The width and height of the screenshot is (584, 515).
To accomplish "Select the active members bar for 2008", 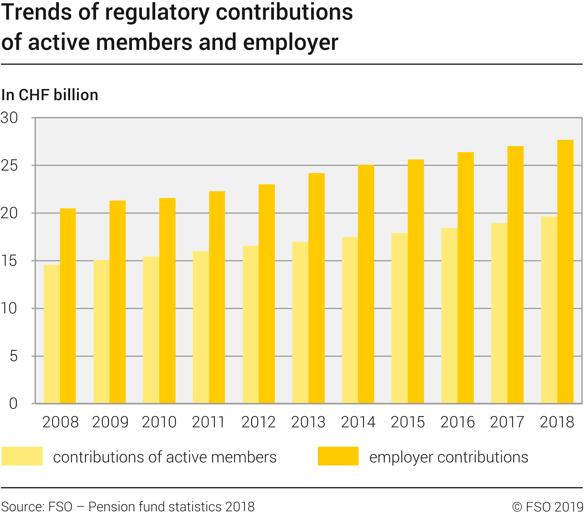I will (x=52, y=334).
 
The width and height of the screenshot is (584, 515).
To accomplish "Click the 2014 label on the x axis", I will (x=358, y=422).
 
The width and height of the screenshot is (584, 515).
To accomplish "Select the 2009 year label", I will (x=110, y=422).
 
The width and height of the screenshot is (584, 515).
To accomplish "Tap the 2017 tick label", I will (x=507, y=422).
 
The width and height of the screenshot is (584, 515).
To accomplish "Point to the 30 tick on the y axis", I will (x=9, y=118).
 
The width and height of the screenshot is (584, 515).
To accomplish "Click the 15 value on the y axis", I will (x=9, y=261).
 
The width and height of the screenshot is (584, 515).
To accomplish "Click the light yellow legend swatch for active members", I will (x=22, y=456).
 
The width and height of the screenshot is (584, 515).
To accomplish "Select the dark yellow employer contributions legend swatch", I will (x=338, y=456).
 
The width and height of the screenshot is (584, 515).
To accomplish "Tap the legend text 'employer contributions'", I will (x=449, y=457).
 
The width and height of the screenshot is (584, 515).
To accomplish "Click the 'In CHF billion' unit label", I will (x=50, y=95).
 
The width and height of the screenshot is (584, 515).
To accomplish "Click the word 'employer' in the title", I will (x=290, y=42).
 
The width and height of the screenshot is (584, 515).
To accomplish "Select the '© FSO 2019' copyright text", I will (x=547, y=507).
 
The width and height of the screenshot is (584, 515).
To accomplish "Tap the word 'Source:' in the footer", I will (x=23, y=507).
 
